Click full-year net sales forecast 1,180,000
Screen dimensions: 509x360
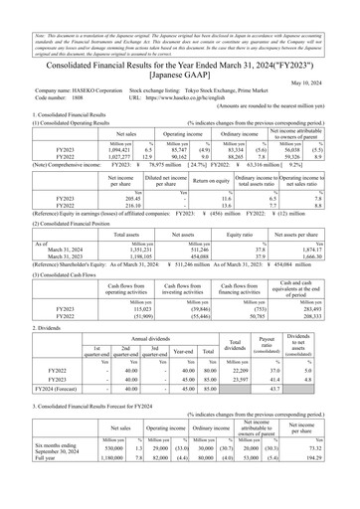point(79,486)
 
